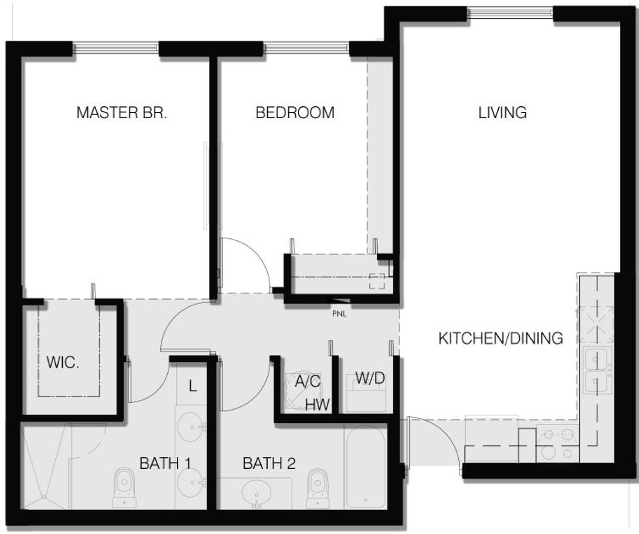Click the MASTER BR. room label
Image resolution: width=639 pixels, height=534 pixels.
[x=121, y=112]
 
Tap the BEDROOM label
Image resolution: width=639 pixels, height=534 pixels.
[x=295, y=112]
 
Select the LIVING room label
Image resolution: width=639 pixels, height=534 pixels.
[x=502, y=112]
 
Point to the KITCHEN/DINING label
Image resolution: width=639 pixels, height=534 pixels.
[x=501, y=338]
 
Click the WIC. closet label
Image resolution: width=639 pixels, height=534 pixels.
[x=63, y=362]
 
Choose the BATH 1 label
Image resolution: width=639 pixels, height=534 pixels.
[x=165, y=463]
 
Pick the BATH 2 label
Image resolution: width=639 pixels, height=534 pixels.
[x=269, y=463]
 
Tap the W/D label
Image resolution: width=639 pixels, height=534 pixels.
[x=370, y=379]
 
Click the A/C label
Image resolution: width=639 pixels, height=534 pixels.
[x=308, y=381]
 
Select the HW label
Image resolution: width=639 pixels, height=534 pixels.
[x=317, y=404]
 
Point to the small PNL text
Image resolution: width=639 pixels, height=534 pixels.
[x=339, y=313]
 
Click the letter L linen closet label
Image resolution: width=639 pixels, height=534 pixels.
[x=193, y=386]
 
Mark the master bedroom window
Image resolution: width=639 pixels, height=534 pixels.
[x=117, y=48]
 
